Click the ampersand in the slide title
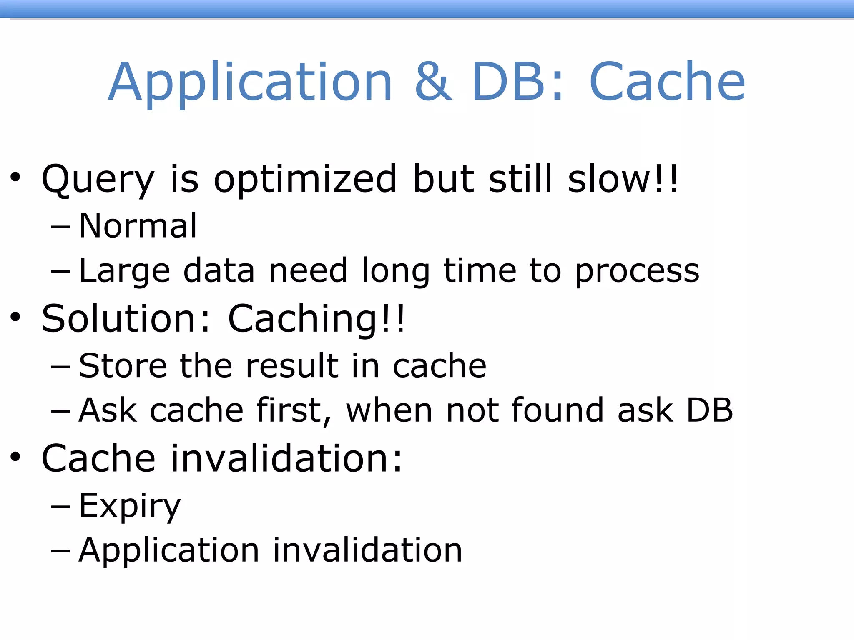[433, 82]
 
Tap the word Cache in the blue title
[667, 82]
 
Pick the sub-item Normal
[138, 226]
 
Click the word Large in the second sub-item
[125, 271]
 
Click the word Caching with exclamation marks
[316, 320]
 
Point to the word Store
[123, 366]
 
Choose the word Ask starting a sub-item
[108, 410]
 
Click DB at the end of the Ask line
[709, 410]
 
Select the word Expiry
[130, 506]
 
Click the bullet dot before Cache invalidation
[15, 457]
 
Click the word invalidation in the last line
[367, 551]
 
